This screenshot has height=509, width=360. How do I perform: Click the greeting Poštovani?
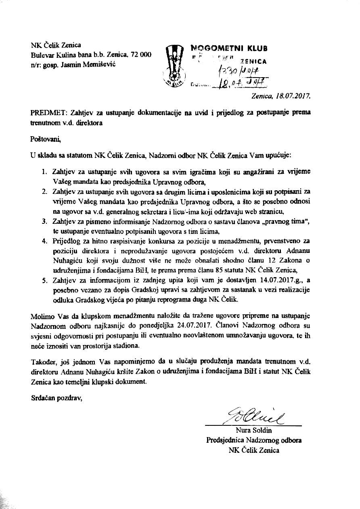click(x=45, y=139)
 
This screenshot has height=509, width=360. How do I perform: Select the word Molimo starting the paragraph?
click(x=42, y=315)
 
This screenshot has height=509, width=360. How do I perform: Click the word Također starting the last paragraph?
click(x=44, y=361)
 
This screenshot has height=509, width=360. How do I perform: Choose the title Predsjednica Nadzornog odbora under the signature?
click(x=254, y=440)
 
